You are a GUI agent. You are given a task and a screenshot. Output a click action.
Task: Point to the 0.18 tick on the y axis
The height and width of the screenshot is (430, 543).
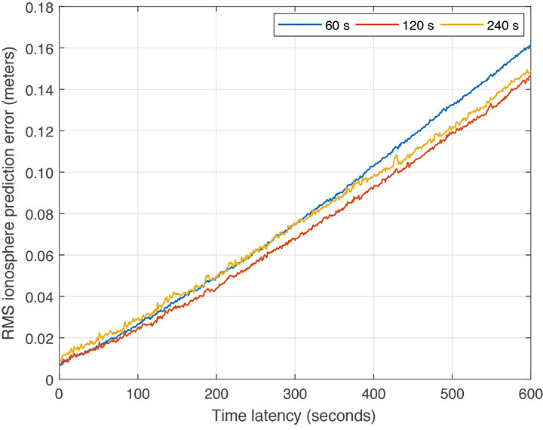[38, 8]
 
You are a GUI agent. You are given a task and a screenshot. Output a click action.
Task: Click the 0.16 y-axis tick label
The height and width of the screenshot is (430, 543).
[38, 48]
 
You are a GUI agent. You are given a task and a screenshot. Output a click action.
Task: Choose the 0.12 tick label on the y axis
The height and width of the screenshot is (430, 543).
[38, 131]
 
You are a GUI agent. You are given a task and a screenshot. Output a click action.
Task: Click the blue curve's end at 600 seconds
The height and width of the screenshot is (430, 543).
[530, 47]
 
